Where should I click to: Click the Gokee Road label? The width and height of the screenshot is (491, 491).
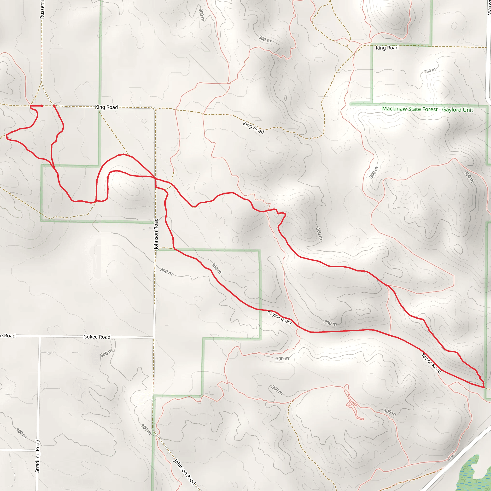point(97,337)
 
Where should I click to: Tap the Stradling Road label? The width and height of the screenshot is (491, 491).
point(38,456)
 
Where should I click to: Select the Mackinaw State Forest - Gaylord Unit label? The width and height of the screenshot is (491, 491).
point(427,109)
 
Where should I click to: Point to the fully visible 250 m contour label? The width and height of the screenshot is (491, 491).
point(430,71)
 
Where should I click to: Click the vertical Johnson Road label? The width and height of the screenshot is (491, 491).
point(156,234)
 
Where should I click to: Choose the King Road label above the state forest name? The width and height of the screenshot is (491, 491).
point(387,48)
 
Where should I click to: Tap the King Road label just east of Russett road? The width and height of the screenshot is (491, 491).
point(106,107)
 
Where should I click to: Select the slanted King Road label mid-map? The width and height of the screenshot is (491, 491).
point(253,128)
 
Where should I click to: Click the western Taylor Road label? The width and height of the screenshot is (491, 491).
point(280,318)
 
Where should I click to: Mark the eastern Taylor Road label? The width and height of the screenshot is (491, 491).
point(432,363)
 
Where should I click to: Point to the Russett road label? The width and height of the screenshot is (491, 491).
point(42,10)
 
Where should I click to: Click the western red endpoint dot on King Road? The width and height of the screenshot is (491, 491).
point(42,106)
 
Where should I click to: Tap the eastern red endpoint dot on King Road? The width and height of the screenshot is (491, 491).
point(54,106)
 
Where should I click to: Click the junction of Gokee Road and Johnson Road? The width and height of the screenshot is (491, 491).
point(154,338)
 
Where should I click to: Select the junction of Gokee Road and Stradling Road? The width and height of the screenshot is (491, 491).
point(40,336)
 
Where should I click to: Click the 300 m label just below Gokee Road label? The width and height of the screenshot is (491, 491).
point(106,353)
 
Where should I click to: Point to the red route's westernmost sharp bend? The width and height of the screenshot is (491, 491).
point(7,137)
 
